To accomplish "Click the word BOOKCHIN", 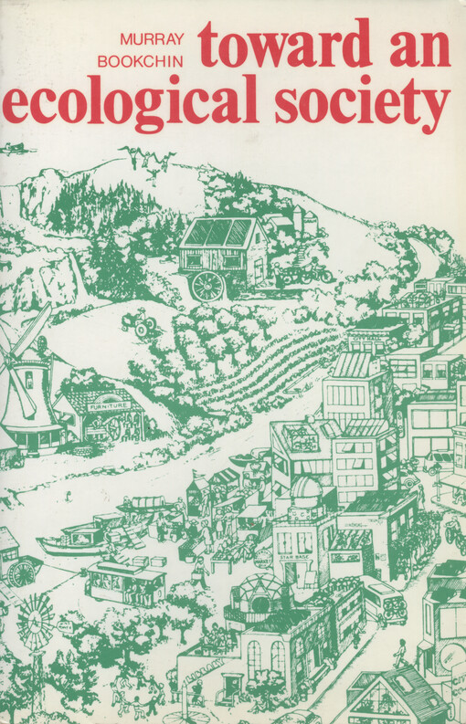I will (154, 60).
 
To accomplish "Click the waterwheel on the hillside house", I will (207, 285).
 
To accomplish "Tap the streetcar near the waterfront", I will (126, 582).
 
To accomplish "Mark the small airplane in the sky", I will (16, 147).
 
